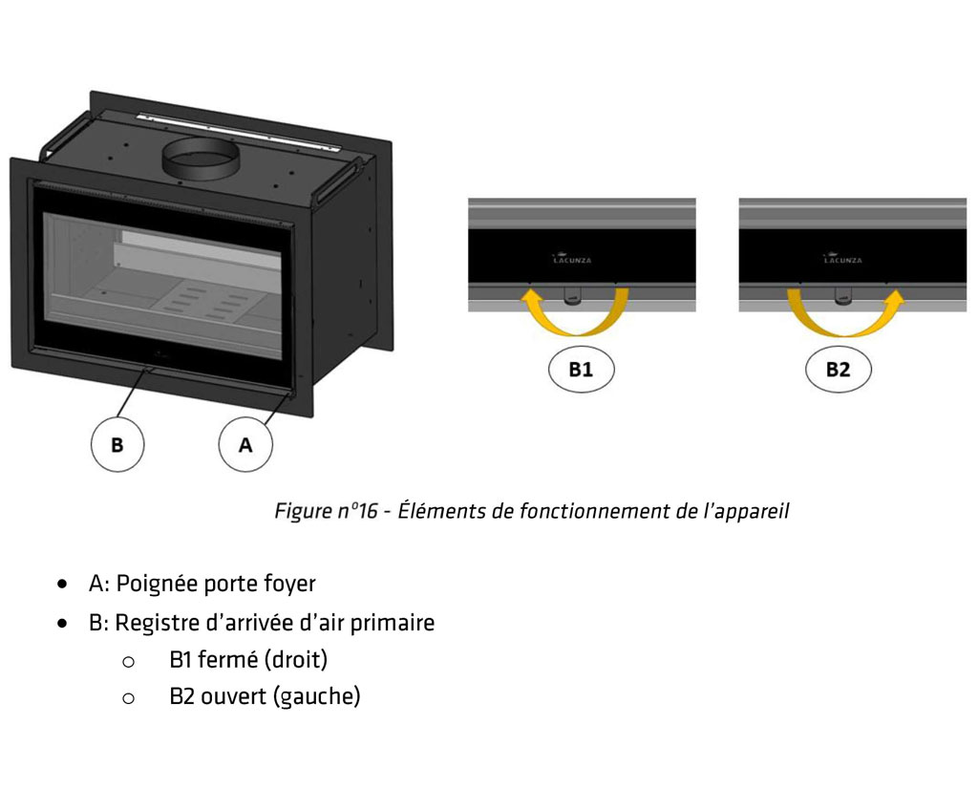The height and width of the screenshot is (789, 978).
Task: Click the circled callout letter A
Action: click(245, 445)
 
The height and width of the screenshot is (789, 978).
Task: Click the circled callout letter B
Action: click(117, 445)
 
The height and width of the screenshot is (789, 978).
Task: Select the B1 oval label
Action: click(581, 370)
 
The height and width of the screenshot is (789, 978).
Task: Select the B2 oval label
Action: click(838, 370)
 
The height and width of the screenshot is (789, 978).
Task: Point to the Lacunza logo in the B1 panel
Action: click(573, 258)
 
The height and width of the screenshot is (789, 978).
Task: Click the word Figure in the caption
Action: click(302, 511)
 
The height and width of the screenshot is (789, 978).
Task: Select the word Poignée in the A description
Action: click(153, 583)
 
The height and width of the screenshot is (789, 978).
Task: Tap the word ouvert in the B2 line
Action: click(233, 696)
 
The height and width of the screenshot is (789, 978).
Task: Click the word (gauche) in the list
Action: click(317, 696)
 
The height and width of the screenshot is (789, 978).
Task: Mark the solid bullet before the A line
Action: click(63, 583)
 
